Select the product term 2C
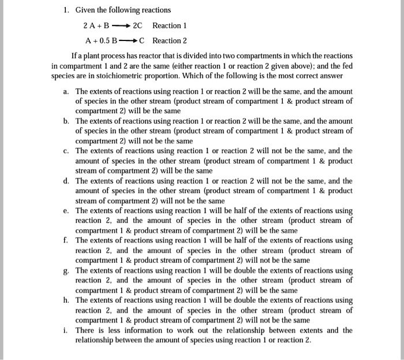coord(137,26)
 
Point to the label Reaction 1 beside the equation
coord(170,26)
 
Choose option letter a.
coord(66,92)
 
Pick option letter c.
coord(66,151)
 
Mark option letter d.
coord(66,181)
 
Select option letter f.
coord(66,240)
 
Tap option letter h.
coord(66,300)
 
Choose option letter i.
coord(66,331)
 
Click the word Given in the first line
coord(85,10)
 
